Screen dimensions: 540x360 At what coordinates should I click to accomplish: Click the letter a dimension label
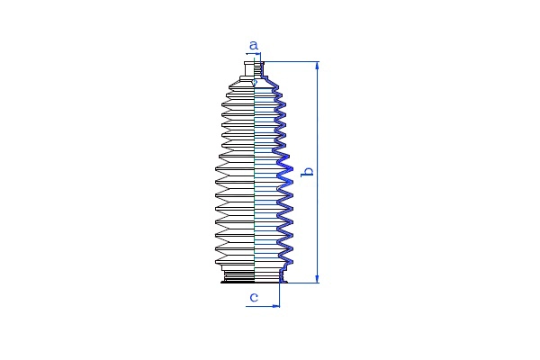[x=254, y=45]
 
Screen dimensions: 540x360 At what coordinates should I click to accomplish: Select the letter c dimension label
[x=254, y=297]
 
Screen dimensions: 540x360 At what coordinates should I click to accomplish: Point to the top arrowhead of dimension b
[x=317, y=66]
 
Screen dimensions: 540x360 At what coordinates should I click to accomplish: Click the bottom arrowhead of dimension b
[x=317, y=279]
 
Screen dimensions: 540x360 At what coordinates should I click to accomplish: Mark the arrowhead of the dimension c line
[x=276, y=306]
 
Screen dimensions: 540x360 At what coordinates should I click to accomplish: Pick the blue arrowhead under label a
[x=258, y=54]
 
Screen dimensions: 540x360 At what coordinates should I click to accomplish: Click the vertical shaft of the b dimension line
[x=317, y=172]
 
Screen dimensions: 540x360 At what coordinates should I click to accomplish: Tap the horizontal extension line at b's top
[x=291, y=62]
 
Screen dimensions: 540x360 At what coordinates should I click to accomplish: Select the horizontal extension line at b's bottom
[x=301, y=283]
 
